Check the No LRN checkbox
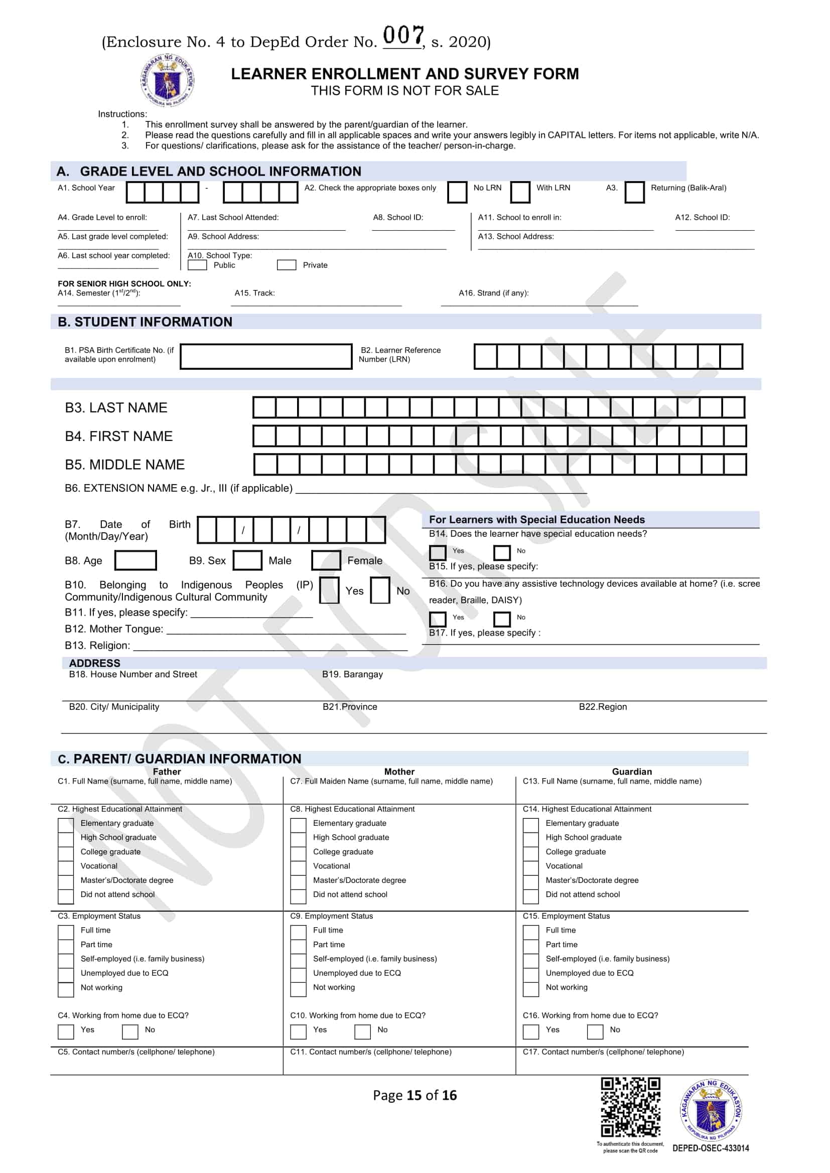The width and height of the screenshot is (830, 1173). click(457, 192)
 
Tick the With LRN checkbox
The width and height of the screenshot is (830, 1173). click(520, 192)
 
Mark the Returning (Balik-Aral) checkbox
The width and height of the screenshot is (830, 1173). click(634, 192)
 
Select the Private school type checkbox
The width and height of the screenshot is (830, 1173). click(286, 265)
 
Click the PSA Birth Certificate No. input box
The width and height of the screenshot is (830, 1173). click(266, 356)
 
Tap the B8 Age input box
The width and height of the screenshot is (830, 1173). click(135, 560)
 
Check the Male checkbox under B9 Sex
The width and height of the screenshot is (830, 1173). click(247, 560)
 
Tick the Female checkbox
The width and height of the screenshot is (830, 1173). click(326, 560)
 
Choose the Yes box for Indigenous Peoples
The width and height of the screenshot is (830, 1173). click(329, 590)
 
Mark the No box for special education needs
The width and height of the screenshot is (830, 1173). click(501, 552)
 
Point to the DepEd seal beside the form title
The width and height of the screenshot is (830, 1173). click(167, 81)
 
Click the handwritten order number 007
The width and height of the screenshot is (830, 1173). click(403, 36)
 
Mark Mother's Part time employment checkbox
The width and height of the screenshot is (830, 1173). click(298, 947)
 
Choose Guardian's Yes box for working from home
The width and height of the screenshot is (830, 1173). click(530, 1032)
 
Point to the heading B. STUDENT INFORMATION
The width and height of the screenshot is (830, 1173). click(145, 322)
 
